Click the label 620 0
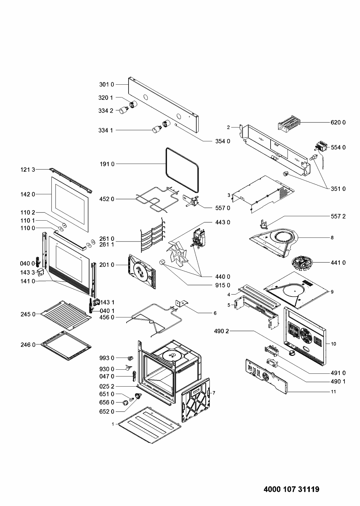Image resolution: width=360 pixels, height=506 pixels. pos(338,122)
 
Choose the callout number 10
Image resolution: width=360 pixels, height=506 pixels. pos(334,344)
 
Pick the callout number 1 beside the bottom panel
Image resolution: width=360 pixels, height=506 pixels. pos(113,424)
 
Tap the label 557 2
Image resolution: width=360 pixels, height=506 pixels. pos(338,216)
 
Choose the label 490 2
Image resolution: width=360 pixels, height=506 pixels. pos(221,331)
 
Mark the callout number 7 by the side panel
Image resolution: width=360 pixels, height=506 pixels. pos(214,393)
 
